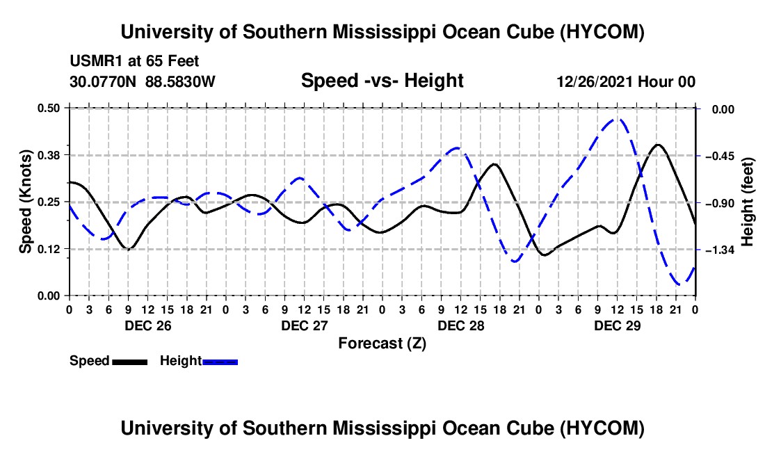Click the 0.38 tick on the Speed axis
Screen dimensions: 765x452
49,156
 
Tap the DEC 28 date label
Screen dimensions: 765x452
461,325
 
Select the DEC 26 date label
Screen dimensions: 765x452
148,325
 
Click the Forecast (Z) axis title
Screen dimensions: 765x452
382,344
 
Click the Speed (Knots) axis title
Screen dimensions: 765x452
25,202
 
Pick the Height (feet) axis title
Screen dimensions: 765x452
747,202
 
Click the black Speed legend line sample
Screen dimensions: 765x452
129,362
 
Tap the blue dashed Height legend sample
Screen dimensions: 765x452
220,362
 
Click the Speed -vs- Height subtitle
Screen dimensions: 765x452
382,81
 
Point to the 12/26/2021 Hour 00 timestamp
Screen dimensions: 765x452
626,81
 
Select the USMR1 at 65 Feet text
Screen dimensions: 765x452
134,61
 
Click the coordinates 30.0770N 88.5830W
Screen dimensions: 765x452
142,81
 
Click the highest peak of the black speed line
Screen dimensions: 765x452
658,145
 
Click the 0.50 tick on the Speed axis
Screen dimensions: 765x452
49,108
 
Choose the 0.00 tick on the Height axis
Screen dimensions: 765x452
723,109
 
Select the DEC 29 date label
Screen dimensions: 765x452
617,325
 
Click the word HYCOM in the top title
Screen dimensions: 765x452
602,32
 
